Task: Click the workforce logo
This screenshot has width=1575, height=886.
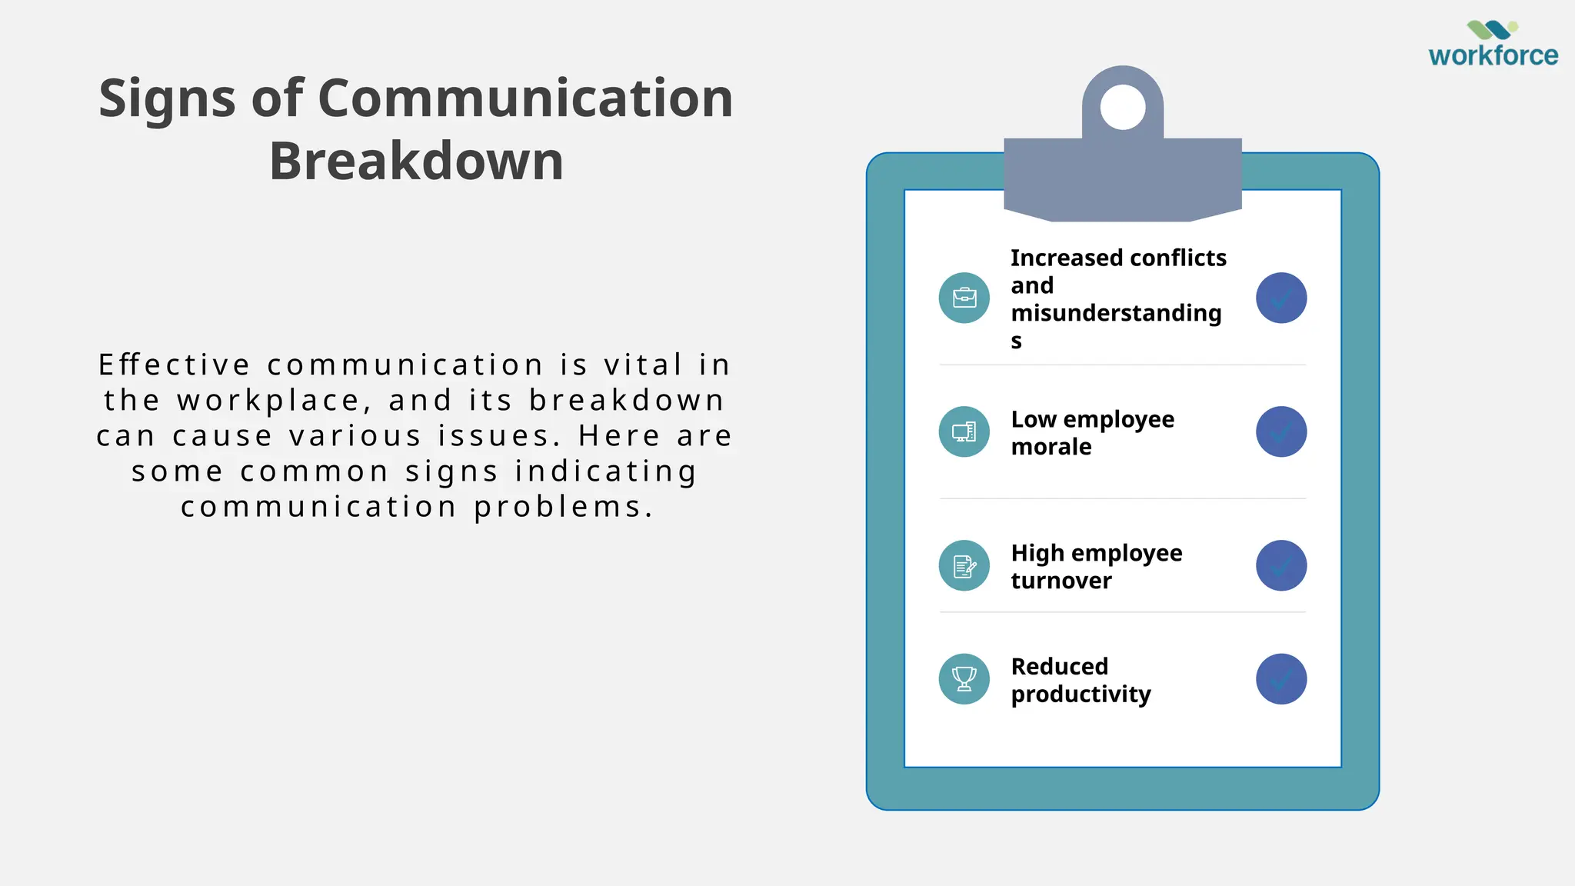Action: (x=1493, y=45)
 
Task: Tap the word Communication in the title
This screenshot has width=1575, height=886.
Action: (x=525, y=98)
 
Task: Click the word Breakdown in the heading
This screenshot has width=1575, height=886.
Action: (x=416, y=162)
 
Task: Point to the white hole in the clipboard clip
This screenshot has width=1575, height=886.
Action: (x=1123, y=107)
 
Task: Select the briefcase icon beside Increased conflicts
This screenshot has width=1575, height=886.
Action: (x=964, y=298)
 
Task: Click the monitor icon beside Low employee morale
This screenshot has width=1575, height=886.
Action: (x=964, y=431)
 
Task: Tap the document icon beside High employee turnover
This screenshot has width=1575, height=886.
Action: (x=964, y=566)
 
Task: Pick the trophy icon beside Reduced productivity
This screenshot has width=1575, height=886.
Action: (x=964, y=679)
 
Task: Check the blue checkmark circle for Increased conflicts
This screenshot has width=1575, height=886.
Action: (x=1281, y=298)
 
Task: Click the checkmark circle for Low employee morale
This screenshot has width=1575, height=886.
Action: (x=1281, y=431)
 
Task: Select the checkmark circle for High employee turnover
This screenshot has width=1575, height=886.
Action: (x=1281, y=566)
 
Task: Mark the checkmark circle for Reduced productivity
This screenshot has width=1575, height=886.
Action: (x=1281, y=679)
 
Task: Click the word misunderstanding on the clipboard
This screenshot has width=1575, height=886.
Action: (x=1116, y=313)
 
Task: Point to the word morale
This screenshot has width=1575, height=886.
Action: (x=1051, y=447)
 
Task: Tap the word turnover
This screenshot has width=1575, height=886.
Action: (x=1061, y=581)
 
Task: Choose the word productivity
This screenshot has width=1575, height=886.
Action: (x=1081, y=694)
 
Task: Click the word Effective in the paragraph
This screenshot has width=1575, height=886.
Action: (x=175, y=365)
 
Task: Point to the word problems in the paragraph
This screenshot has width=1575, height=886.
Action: (x=564, y=507)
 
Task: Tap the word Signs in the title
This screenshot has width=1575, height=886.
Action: (x=167, y=98)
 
